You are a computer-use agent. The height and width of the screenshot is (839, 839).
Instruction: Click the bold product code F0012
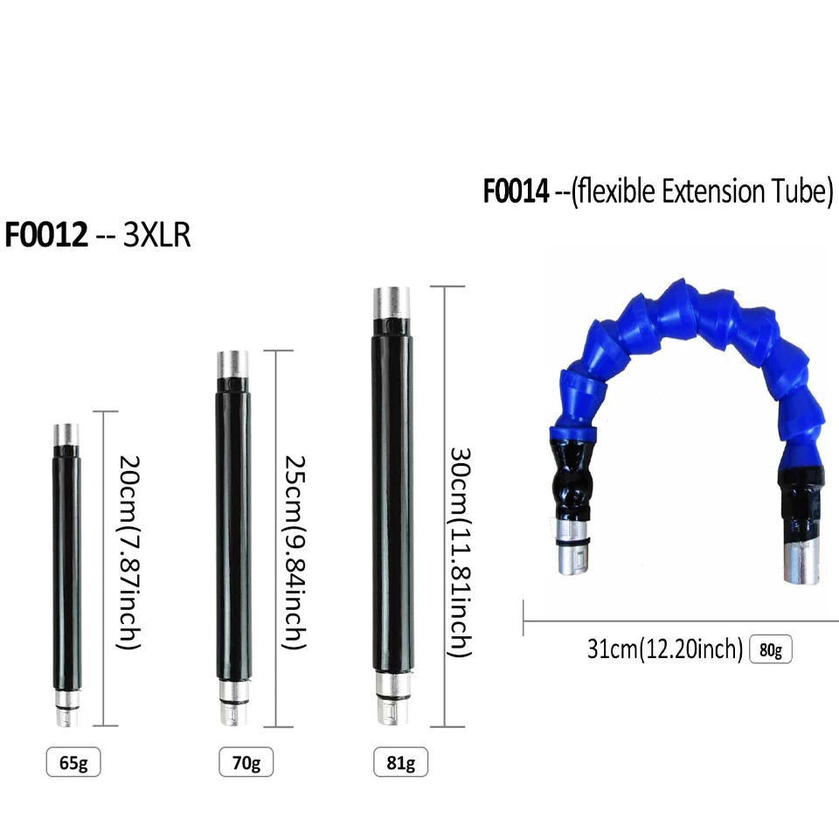click(x=47, y=235)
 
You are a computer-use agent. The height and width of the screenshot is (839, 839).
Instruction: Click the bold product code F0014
click(x=516, y=191)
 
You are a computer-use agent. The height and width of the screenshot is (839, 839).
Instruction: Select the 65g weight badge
click(x=73, y=762)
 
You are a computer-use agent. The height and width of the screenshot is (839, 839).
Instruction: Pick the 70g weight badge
click(x=246, y=762)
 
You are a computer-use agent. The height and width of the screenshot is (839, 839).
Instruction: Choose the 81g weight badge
click(x=400, y=762)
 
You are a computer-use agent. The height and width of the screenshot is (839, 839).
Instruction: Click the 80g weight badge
click(x=771, y=649)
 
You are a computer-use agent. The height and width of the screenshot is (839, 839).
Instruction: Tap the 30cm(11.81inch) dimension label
click(x=460, y=552)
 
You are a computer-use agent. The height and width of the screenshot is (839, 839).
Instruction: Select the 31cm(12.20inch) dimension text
click(x=665, y=649)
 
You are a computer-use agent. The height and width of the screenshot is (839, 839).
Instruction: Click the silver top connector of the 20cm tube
click(x=66, y=433)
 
